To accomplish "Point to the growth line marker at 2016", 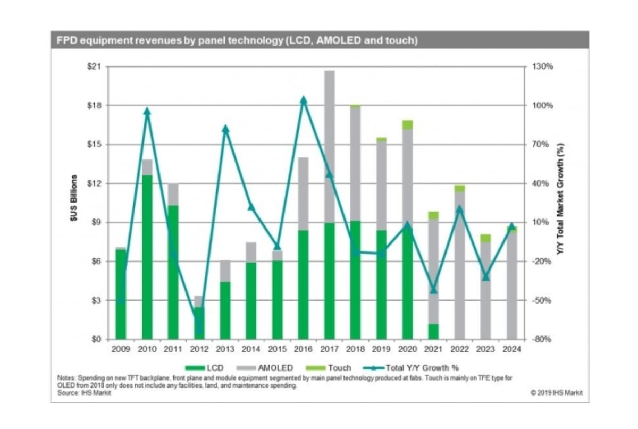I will tap(304, 99).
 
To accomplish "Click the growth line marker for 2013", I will tap(225, 129).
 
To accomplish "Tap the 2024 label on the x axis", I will tap(511, 349).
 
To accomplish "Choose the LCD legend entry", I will tap(207, 367).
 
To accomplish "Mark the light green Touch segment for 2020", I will tap(408, 125).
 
